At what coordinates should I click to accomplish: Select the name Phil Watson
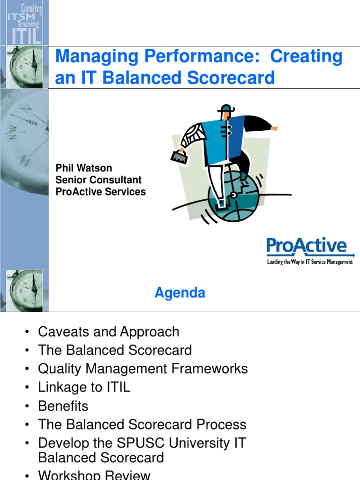point(84,168)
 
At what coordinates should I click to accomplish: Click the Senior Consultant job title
point(98,180)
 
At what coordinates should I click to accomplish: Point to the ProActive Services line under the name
point(101,192)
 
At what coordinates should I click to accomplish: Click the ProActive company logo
point(307,247)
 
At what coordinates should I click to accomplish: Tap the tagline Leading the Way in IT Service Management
point(309,262)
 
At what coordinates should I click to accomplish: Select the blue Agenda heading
point(180,293)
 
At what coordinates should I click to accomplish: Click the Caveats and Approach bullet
point(108,332)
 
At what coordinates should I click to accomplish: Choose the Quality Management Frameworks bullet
point(142,369)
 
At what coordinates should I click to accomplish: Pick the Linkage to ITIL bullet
point(84,388)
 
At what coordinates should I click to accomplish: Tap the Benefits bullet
point(63,406)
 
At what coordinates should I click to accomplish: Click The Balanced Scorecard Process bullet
point(142,425)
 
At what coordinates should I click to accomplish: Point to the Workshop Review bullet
point(94,475)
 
